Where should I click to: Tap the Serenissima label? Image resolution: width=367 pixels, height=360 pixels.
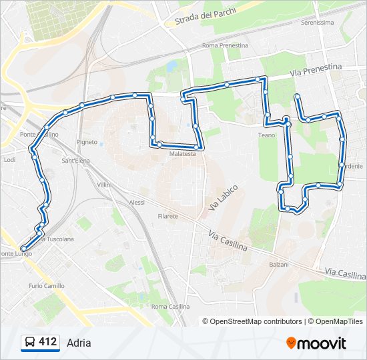(x=317, y=22)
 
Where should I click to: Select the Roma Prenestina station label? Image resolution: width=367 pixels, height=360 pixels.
(x=225, y=45)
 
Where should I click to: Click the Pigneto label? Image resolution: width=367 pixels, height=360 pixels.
(x=87, y=142)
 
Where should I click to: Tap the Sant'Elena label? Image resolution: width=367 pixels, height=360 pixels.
(x=77, y=160)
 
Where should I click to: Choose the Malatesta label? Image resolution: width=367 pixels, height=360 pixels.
(x=183, y=154)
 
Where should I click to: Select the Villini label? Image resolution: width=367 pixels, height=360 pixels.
(x=104, y=184)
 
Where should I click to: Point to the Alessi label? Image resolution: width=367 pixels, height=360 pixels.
(x=137, y=202)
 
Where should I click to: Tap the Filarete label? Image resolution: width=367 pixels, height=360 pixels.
(x=167, y=216)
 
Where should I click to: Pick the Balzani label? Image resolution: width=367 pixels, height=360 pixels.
(x=279, y=265)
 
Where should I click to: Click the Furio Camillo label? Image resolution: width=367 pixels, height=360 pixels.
(x=47, y=285)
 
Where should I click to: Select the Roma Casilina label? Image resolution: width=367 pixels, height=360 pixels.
(x=171, y=306)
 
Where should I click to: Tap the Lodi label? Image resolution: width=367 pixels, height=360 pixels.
(x=9, y=160)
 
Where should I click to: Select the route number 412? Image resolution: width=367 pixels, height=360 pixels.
(x=47, y=342)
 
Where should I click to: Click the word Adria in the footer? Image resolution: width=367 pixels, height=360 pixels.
(x=79, y=343)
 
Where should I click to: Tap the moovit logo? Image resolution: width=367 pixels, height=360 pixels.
(x=316, y=343)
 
